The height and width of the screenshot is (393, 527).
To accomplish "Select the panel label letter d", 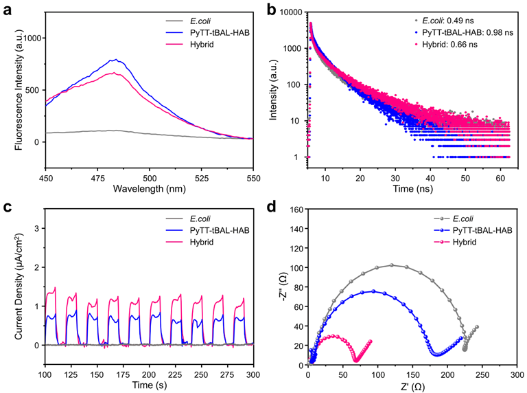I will click(x=272, y=207).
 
